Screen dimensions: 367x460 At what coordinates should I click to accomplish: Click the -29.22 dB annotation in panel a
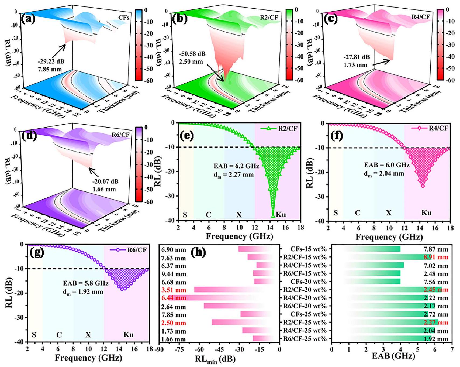click(51, 61)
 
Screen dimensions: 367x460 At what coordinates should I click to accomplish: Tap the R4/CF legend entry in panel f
click(438, 128)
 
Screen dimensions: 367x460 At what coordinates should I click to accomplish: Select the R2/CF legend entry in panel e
click(288, 128)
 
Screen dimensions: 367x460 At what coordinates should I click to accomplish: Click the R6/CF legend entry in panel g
click(137, 250)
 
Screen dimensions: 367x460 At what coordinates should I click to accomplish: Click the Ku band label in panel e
click(281, 215)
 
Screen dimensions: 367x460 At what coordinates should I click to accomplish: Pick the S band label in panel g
click(34, 335)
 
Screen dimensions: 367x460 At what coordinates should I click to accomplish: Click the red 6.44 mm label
click(174, 298)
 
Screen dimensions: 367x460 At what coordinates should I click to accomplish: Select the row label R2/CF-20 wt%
click(305, 290)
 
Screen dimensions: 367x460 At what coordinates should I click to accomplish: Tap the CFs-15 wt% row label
click(309, 249)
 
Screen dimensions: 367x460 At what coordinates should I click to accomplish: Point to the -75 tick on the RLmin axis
click(179, 350)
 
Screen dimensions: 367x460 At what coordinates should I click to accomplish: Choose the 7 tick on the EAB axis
click(452, 350)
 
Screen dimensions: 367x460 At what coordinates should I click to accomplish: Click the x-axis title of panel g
click(88, 358)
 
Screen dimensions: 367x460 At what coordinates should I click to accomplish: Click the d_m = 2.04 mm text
click(384, 174)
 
